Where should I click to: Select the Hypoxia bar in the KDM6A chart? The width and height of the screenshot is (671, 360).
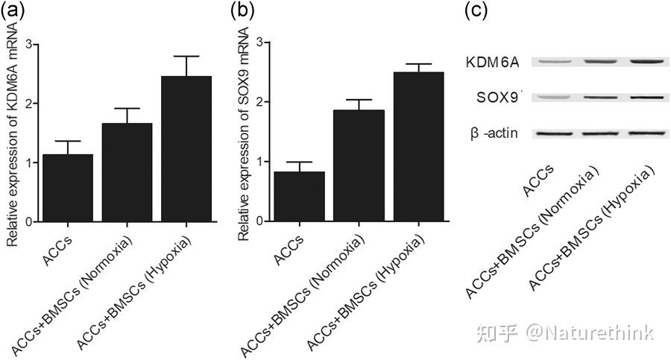click(186, 149)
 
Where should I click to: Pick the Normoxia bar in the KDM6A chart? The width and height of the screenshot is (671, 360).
click(127, 172)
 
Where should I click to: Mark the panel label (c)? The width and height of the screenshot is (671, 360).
click(478, 11)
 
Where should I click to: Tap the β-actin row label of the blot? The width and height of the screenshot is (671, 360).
click(495, 133)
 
